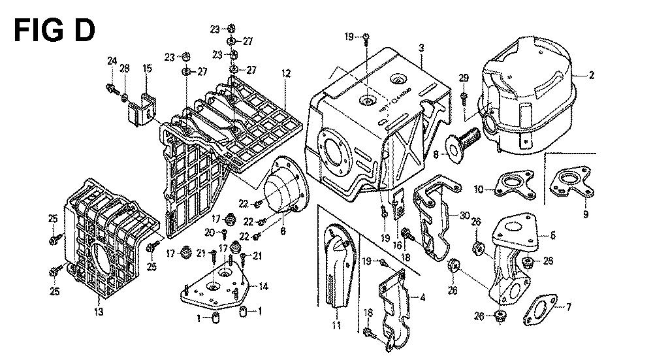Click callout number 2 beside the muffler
591,75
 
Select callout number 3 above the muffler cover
422,48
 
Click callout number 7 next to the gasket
568,307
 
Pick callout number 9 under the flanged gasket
585,214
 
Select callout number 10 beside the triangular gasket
479,189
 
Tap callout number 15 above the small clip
148,68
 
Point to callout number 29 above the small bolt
464,78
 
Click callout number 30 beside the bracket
464,216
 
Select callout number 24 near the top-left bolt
112,61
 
